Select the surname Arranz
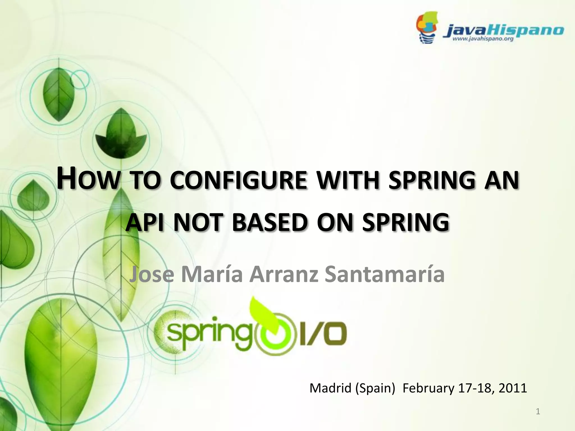(284, 275)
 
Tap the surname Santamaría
(385, 275)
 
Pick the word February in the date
(428, 388)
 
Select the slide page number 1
(538, 412)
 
